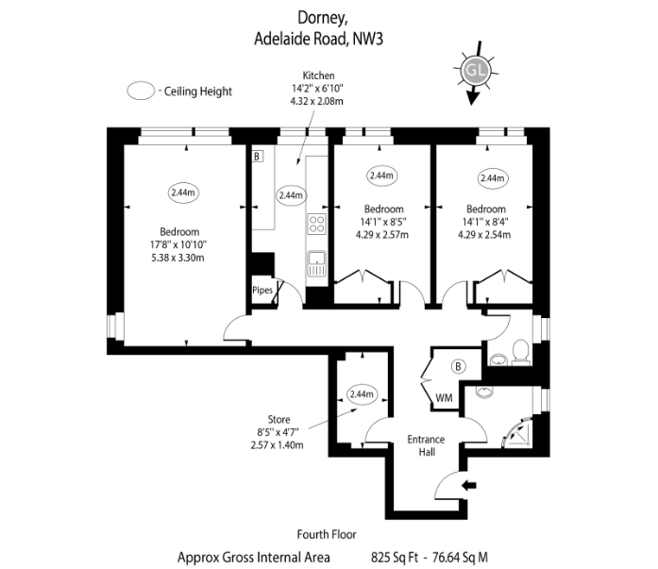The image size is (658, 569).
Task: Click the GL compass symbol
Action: tap(476, 72)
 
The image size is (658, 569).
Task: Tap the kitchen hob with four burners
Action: tap(317, 224)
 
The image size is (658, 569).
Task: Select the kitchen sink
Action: tap(317, 264)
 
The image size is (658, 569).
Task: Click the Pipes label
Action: tap(262, 290)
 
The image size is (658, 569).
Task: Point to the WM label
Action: tap(444, 397)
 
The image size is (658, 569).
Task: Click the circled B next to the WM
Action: tap(458, 366)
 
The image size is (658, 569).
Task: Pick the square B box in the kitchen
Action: tap(257, 157)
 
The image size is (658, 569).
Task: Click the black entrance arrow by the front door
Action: tap(469, 486)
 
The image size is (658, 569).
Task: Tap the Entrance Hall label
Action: tap(426, 445)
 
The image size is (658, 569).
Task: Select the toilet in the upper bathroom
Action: tap(521, 351)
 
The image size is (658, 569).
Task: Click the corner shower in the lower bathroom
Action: tap(518, 432)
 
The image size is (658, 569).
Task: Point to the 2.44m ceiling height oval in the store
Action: tap(362, 394)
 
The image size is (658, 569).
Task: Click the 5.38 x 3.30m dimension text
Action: tap(177, 258)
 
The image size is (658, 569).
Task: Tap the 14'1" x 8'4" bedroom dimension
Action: tap(485, 222)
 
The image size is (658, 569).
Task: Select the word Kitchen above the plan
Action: tap(318, 75)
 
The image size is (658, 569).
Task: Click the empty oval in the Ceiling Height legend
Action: tap(141, 91)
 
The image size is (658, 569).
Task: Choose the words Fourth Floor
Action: tap(327, 534)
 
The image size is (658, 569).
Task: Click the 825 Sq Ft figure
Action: tap(395, 558)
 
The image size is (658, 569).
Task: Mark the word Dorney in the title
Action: tap(322, 18)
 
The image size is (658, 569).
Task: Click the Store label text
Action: tap(278, 419)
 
